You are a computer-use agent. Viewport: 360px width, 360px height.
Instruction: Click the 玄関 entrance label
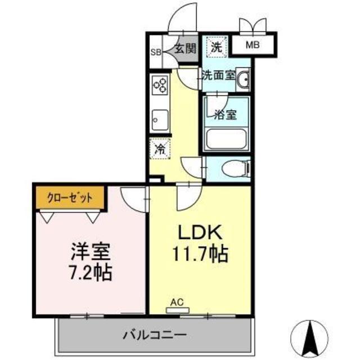(x=184, y=49)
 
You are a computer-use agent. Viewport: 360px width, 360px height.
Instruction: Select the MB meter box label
(x=256, y=44)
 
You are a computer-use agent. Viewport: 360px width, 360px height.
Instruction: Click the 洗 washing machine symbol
(x=216, y=47)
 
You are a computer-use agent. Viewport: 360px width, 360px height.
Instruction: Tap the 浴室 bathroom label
(x=225, y=114)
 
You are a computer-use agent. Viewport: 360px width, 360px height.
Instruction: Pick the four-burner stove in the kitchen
(x=160, y=85)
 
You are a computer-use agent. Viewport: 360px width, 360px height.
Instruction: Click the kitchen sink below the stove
(x=159, y=119)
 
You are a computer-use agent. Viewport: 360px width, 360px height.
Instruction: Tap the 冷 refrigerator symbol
(x=160, y=149)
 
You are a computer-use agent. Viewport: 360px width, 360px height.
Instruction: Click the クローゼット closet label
(x=71, y=198)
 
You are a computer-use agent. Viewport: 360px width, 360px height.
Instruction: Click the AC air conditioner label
(x=177, y=303)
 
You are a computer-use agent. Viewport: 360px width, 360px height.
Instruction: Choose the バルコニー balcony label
(x=154, y=335)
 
